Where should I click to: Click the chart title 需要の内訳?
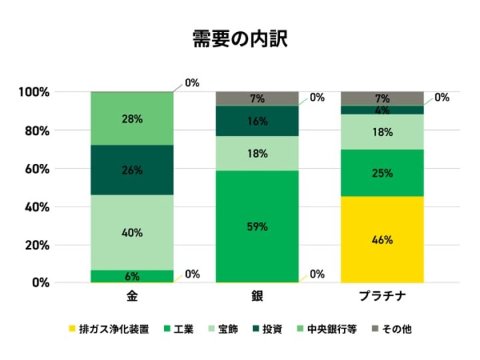point(239,39)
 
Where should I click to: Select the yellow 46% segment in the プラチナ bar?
point(382,239)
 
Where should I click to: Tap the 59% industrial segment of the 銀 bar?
point(257,227)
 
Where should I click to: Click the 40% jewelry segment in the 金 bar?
point(132,233)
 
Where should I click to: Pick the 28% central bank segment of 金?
point(132,119)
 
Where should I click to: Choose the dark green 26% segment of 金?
point(132,170)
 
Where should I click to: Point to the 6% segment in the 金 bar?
point(132,276)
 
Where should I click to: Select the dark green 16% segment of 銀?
point(257,121)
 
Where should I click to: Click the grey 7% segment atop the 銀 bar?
point(257,99)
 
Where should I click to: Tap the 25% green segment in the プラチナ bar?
point(382,173)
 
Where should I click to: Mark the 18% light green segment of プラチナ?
point(382,132)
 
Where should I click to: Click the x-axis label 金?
point(132,296)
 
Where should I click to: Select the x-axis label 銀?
point(257,296)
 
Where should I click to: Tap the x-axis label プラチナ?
point(382,296)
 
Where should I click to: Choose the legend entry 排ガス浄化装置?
point(113,329)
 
